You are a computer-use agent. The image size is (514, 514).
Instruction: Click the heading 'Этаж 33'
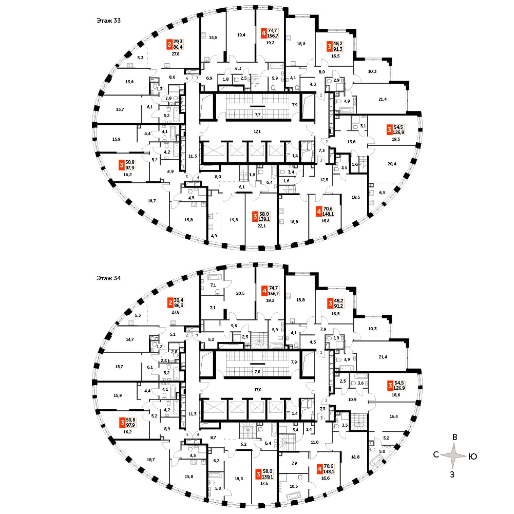click(108, 21)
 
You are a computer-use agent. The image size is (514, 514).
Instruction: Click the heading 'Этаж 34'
click(108, 278)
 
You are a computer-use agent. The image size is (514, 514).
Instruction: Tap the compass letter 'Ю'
click(473, 456)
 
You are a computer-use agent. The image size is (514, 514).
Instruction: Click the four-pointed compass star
click(454, 455)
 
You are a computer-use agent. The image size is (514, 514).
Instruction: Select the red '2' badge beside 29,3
click(169, 44)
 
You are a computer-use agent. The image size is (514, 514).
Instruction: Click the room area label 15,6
click(213, 38)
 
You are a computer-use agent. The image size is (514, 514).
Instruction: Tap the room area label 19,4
click(241, 35)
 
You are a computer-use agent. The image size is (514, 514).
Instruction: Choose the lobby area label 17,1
click(257, 131)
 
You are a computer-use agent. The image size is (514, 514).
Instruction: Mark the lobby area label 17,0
click(258, 390)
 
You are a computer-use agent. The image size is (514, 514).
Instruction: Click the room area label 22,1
click(262, 226)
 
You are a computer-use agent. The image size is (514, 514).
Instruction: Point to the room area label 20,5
click(240, 293)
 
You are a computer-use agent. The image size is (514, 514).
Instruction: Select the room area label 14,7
click(130, 339)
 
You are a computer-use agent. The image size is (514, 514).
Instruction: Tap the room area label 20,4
click(392, 164)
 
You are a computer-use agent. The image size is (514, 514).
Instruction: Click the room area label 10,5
click(294, 486)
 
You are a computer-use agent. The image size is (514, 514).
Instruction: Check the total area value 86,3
click(179, 306)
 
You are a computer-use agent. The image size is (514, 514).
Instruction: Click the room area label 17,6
click(264, 483)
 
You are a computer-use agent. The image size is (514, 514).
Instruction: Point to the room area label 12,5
click(324, 180)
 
